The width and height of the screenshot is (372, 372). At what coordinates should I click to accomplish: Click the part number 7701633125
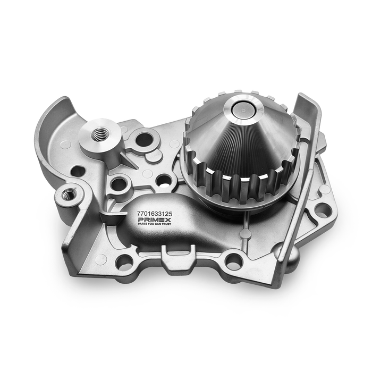click(x=155, y=214)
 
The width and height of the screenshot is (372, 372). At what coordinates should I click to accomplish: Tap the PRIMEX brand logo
click(x=155, y=219)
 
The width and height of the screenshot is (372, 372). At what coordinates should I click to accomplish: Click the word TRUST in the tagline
click(x=165, y=224)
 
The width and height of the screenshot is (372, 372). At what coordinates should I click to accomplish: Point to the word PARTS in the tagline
click(x=141, y=224)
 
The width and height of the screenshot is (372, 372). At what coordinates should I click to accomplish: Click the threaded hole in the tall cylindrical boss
click(x=99, y=136)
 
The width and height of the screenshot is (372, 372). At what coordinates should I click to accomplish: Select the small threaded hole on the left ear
click(x=69, y=195)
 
